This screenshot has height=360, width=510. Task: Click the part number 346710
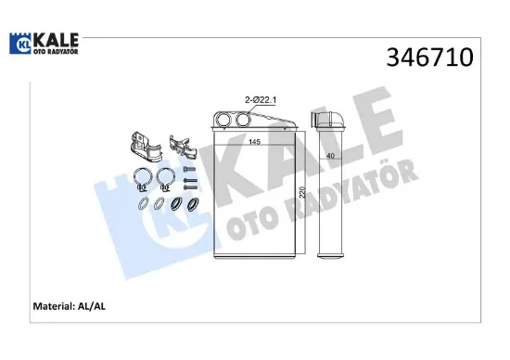(429, 58)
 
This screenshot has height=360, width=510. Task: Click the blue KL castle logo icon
(20, 44)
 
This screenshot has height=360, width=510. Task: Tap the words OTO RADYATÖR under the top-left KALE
(56, 51)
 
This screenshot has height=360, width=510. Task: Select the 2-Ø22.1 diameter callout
(261, 100)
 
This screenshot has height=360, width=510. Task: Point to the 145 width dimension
(254, 142)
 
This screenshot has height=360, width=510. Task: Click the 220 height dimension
(302, 192)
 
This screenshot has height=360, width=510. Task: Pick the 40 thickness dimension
(330, 156)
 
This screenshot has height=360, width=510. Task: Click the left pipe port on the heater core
(223, 119)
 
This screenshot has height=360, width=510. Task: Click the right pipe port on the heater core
(243, 119)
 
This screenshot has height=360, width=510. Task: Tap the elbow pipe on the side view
(328, 120)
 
